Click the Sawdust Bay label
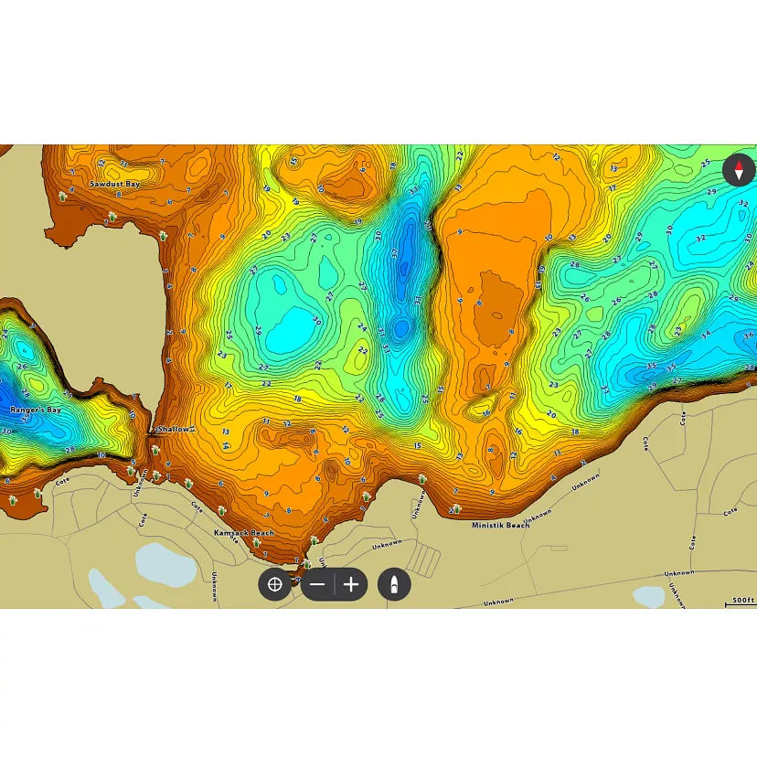[x=114, y=184]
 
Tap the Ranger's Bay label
[x=35, y=410]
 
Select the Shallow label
[x=174, y=429]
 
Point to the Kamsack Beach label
[x=243, y=532]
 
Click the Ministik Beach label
[x=500, y=525]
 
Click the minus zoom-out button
[x=317, y=584]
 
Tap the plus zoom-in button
[x=351, y=584]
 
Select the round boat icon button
[x=394, y=584]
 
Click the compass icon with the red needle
[x=739, y=169]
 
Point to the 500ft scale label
[x=743, y=601]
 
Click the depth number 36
[x=748, y=336]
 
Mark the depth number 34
[x=705, y=335]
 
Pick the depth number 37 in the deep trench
[x=395, y=252]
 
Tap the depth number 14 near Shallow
[x=226, y=445]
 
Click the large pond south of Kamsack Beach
[x=165, y=564]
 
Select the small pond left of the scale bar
[x=649, y=596]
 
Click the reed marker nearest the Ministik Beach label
[x=455, y=509]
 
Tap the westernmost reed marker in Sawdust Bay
[x=62, y=196]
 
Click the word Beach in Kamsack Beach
[x=261, y=532]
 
